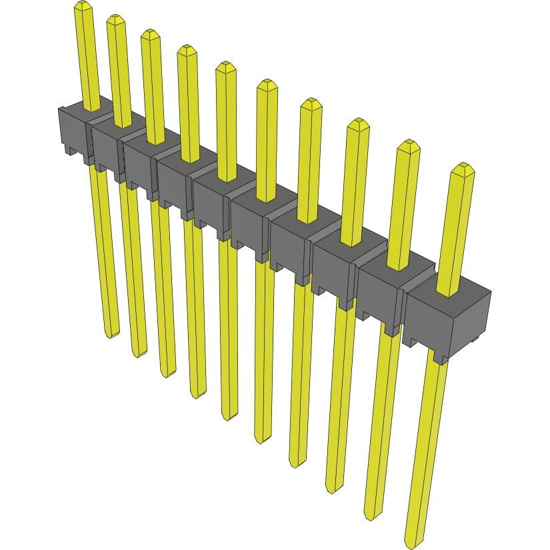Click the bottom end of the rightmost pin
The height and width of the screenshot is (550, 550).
414,541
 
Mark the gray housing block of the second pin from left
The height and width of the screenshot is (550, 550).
107,148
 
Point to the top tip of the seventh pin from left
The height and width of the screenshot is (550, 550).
310,104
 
